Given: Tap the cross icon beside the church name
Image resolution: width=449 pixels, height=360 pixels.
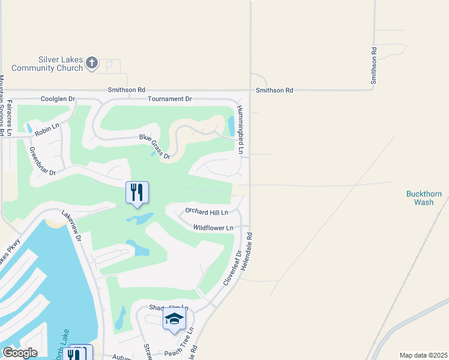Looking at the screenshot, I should coord(92,63).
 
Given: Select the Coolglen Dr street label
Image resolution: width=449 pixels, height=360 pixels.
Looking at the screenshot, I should coord(58,98).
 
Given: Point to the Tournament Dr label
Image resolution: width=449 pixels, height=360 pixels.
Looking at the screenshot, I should coord(169,98).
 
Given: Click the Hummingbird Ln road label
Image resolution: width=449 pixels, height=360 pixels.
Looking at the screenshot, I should coord(240,130).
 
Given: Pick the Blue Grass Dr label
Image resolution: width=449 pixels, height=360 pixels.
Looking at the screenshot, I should coord(155,147).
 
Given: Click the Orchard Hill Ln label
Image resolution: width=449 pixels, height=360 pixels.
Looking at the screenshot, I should coord(206,212).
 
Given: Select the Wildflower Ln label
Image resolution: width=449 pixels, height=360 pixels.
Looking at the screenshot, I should coord(212,228).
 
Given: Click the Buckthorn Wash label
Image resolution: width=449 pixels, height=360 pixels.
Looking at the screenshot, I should coord(424,198).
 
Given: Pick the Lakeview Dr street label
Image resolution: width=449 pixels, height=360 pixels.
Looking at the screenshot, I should coord(71,225).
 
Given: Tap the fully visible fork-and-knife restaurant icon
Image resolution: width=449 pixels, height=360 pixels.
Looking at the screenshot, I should coord(137,193).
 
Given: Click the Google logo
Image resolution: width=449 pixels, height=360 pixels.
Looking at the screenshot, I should coord(20,353).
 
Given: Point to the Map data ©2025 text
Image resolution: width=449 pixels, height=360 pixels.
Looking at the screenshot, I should coord(423,355).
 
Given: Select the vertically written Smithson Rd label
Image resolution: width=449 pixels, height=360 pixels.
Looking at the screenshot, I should coord(374,65).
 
